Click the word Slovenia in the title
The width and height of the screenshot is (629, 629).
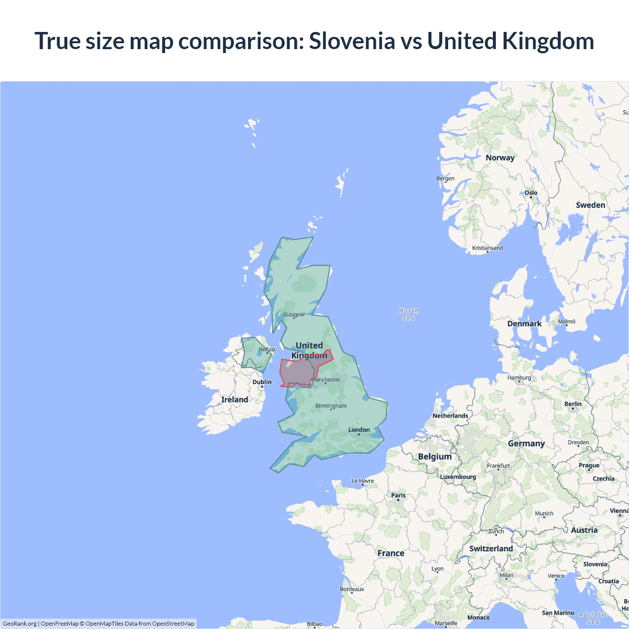[x=352, y=41]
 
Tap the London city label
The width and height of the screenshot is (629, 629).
[x=359, y=430]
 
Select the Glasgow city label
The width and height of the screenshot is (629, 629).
[x=294, y=314]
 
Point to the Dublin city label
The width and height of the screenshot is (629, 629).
[x=262, y=382]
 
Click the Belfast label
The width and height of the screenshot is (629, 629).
[x=267, y=349]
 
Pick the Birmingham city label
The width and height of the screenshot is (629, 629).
[x=331, y=406]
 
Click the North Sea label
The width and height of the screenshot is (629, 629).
[x=408, y=314]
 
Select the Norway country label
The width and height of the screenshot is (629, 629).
[x=500, y=158]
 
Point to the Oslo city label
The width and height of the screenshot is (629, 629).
[x=531, y=193]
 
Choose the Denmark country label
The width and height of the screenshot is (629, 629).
[x=524, y=323]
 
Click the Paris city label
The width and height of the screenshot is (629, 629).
[x=399, y=495]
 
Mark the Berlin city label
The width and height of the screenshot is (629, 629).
[x=573, y=404]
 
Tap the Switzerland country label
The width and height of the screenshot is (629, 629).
[x=491, y=548]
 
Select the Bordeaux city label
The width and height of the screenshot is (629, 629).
[x=352, y=589]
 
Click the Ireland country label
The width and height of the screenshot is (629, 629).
[x=234, y=400]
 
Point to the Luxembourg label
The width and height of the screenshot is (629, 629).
[x=458, y=477]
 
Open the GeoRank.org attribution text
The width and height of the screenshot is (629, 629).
[x=20, y=624]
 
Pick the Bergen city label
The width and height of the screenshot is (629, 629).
[x=445, y=178]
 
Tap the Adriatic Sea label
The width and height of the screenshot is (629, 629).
[x=593, y=618]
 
